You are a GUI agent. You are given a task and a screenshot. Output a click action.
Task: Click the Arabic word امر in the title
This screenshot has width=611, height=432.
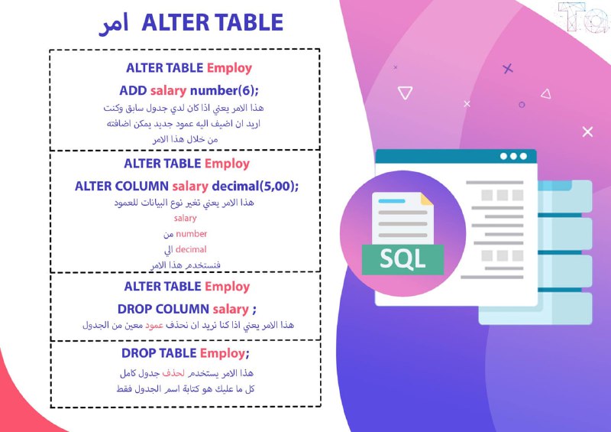coord(113,24)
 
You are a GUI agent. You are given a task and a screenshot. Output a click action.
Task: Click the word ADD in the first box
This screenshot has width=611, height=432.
coord(133,90)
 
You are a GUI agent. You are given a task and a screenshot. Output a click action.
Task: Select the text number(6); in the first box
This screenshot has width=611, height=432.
coord(224,90)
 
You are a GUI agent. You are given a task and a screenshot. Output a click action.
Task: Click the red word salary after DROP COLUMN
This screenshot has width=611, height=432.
coord(231,309)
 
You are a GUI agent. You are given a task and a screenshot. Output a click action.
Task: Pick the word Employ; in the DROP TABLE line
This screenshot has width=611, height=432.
coord(225,353)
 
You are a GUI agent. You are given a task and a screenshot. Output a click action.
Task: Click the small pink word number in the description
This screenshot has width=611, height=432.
coord(192,234)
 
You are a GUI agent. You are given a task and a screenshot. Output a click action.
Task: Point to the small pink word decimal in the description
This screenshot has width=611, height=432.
coord(191,249)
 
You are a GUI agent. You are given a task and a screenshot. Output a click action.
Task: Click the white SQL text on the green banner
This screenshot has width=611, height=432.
coord(402,259)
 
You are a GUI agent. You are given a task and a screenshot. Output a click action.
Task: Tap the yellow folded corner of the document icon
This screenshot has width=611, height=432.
coord(427,199)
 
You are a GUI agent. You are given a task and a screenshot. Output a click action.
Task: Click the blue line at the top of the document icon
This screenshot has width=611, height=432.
coord(392,201)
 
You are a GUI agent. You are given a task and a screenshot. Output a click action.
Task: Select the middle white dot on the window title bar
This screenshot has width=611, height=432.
coord(513,157)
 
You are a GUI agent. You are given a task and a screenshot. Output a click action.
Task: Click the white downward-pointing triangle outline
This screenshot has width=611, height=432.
coord(405,93)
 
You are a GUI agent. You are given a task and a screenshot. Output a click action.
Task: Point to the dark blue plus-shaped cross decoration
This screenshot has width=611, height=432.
coord(508,69)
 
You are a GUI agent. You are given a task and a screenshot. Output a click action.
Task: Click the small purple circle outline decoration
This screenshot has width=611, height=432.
coord(522,105)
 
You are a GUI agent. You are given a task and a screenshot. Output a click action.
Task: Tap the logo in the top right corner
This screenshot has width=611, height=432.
coord(584,17)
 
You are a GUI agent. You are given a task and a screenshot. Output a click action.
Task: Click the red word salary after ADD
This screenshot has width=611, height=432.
coord(168,90)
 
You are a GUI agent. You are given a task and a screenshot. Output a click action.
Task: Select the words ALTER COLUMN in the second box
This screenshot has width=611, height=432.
coord(121,186)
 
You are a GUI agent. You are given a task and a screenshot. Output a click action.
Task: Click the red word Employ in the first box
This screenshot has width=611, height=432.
coord(230,68)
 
